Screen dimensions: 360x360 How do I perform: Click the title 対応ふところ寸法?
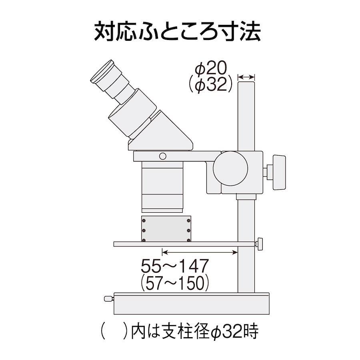(x=177, y=32)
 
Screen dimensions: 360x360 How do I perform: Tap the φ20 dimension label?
(x=211, y=68)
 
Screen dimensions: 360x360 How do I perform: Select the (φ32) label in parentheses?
(x=210, y=84)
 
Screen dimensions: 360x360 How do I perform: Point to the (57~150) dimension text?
(x=175, y=283)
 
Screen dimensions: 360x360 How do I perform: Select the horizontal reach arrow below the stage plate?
(x=200, y=252)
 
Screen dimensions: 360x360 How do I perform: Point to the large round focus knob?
(x=230, y=168)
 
